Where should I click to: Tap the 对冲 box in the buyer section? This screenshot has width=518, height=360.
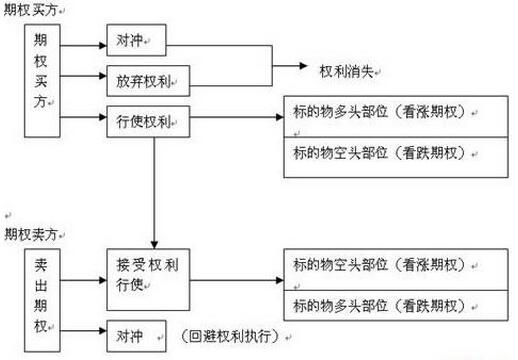[x=136, y=41]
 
